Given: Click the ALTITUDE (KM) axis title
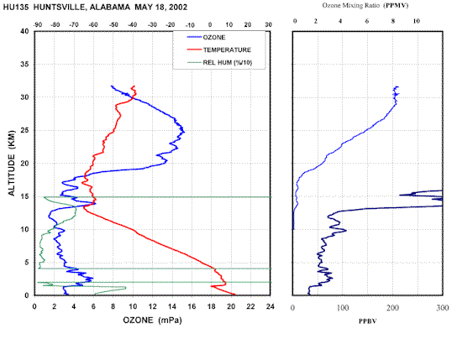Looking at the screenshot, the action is pyautogui.click(x=12, y=163).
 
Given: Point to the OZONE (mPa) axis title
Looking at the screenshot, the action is pyautogui.click(x=152, y=321).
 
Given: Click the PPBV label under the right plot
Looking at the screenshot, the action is pyautogui.click(x=367, y=321).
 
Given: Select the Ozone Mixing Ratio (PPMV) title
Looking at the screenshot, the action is pyautogui.click(x=365, y=5).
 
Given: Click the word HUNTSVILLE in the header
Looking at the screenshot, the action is pyautogui.click(x=60, y=7).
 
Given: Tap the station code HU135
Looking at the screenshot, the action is pyautogui.click(x=16, y=7).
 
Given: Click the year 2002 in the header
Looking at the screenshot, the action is pyautogui.click(x=177, y=7).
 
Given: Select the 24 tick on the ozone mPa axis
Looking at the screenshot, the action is pyautogui.click(x=271, y=306).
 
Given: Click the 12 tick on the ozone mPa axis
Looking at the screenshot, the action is pyautogui.click(x=152, y=306).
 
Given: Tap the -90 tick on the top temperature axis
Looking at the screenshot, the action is pyautogui.click(x=38, y=24).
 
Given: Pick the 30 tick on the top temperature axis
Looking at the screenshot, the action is pyautogui.click(x=269, y=24).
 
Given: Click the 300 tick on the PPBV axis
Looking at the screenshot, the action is pyautogui.click(x=443, y=308).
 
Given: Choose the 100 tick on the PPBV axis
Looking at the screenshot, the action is pyautogui.click(x=343, y=308).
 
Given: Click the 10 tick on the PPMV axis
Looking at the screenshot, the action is pyautogui.click(x=416, y=21).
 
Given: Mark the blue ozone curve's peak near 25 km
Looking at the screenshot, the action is pyautogui.click(x=184, y=132).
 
